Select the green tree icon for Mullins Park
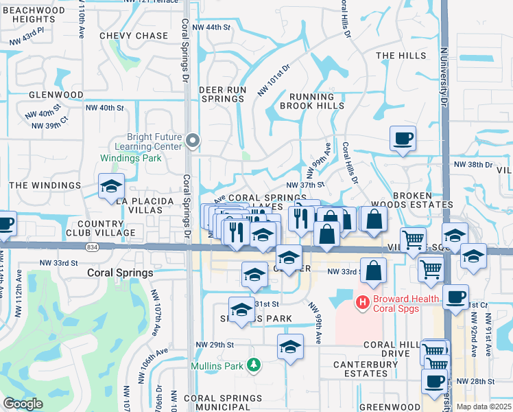254,364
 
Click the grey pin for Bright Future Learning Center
193,141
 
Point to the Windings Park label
131,158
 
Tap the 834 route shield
91,247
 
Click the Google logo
23,404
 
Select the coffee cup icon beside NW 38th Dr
403,139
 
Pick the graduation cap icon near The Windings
111,187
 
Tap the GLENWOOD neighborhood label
56,95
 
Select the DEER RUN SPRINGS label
222,94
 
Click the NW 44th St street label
212,27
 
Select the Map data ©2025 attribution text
484,407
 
